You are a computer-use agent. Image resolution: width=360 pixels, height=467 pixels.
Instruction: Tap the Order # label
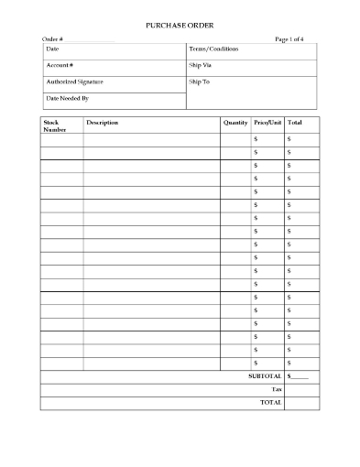(52, 39)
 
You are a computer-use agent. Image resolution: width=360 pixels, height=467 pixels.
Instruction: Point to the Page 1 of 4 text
(294, 39)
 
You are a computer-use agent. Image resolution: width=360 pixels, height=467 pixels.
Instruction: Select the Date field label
(52, 48)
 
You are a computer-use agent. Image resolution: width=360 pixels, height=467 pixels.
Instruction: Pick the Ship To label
(200, 81)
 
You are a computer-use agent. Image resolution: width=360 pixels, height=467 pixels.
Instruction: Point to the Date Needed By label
(67, 97)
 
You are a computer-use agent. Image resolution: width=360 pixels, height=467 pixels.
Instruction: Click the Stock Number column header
(55, 125)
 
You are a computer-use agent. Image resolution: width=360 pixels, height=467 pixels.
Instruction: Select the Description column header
(103, 122)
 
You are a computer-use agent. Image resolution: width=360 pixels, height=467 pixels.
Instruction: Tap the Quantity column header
(235, 122)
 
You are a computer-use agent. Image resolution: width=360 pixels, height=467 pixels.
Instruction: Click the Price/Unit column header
(268, 122)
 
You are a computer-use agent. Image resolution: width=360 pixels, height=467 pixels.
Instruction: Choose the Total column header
(295, 122)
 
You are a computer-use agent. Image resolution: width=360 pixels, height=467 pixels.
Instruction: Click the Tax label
(276, 389)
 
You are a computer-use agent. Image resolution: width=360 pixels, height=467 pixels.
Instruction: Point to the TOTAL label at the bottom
(271, 402)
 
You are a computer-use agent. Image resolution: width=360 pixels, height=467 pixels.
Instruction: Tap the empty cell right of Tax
(302, 389)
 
